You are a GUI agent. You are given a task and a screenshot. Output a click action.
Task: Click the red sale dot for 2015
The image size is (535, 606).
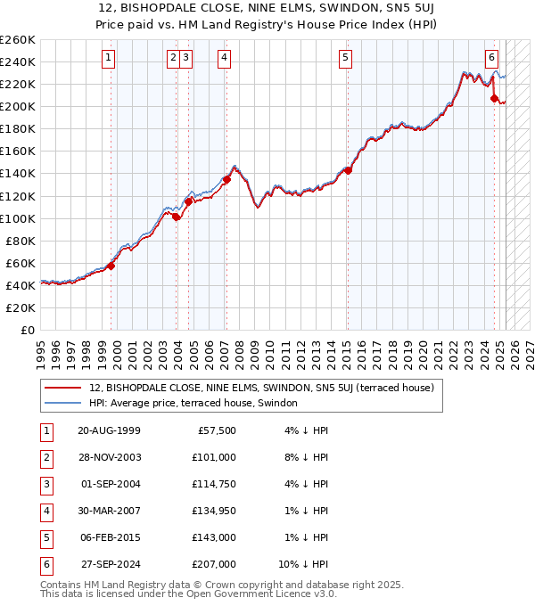pyautogui.click(x=348, y=170)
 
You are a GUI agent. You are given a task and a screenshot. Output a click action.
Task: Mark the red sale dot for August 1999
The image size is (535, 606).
pyautogui.click(x=111, y=266)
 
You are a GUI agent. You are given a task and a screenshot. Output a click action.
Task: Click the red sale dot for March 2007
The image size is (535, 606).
pyautogui.click(x=226, y=179)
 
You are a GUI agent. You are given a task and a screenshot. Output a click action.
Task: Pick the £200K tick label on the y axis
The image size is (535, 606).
pyautogui.click(x=18, y=106)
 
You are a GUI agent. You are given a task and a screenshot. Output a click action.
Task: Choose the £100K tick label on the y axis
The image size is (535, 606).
pyautogui.click(x=18, y=218)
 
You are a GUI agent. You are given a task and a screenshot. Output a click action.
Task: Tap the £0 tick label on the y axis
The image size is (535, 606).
pyautogui.click(x=27, y=330)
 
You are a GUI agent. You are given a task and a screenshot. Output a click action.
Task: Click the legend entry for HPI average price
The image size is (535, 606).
pyautogui.click(x=199, y=403)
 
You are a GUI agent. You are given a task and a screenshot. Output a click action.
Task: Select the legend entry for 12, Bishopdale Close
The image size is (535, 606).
pyautogui.click(x=261, y=388)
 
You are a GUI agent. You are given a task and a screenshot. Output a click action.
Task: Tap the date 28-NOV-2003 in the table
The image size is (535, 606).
pyautogui.click(x=110, y=457)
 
